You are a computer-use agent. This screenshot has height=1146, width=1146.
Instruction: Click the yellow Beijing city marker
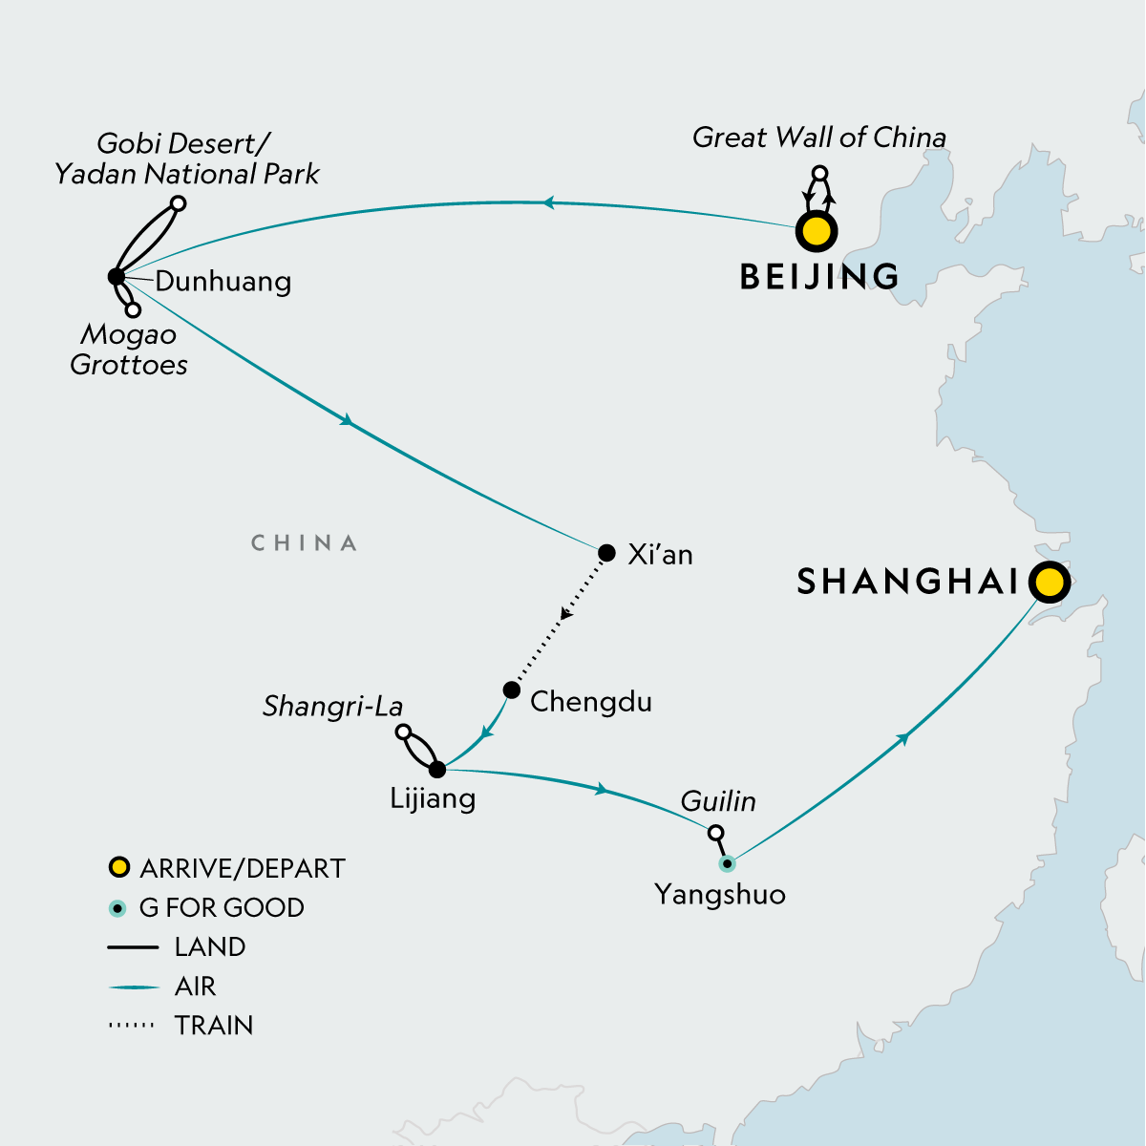[x=817, y=231]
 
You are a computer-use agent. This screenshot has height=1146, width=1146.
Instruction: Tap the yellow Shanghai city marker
[x=1049, y=581]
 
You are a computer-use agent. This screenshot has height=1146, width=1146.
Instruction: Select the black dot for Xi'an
[x=606, y=553]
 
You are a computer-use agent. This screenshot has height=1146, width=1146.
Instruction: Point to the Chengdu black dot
[x=512, y=690]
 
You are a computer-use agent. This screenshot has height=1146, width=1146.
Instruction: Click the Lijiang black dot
[x=437, y=770]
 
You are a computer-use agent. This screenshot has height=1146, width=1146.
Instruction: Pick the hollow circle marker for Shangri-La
[x=403, y=732]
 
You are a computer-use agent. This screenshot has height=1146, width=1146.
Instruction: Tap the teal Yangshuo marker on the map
[x=727, y=864]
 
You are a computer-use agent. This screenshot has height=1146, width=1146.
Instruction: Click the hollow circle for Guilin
[x=715, y=833]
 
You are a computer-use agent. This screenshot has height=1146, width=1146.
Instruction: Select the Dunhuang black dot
[x=116, y=277]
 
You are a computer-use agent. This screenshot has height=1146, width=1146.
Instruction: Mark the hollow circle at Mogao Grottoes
[x=134, y=309]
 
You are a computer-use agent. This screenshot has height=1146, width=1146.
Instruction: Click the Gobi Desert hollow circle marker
[x=178, y=202]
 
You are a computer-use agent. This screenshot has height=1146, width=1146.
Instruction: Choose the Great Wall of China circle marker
[x=818, y=174]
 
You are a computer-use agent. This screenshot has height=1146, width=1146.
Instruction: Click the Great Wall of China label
[x=818, y=138]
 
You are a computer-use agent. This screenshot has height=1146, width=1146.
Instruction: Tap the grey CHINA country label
[x=304, y=543]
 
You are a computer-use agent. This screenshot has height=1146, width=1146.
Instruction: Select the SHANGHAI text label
[x=907, y=581]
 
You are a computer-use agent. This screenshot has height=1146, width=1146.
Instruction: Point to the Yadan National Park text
[x=187, y=174]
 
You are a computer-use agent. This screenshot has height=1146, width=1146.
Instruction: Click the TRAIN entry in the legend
[x=214, y=1025]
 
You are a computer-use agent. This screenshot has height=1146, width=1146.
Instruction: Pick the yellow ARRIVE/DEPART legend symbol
[x=118, y=868]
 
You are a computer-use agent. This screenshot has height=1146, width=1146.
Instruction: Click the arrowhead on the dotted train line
[x=565, y=614]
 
